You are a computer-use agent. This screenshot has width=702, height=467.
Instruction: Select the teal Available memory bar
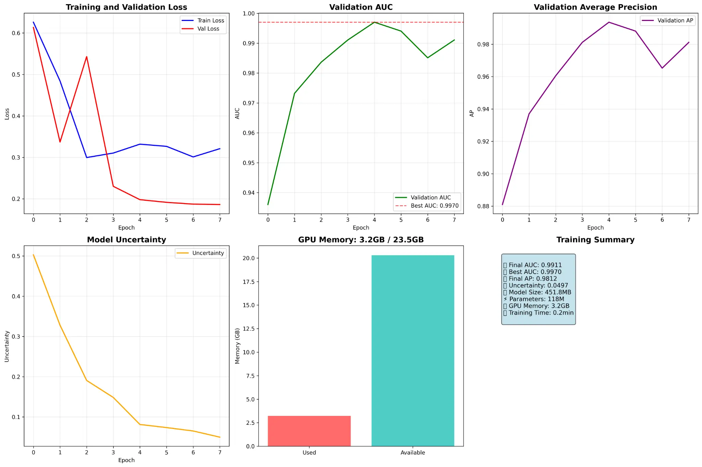[x=413, y=350]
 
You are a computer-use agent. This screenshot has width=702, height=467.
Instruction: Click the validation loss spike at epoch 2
[x=87, y=57]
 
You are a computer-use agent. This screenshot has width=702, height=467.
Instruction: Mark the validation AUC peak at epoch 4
[x=374, y=22]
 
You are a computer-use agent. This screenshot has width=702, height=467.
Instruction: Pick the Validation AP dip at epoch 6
[x=662, y=68]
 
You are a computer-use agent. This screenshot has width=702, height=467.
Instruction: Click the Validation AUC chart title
[x=361, y=7]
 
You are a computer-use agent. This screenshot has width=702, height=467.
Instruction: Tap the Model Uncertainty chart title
[x=126, y=240]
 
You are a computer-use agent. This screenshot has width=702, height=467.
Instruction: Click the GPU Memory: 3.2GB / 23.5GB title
[x=361, y=240]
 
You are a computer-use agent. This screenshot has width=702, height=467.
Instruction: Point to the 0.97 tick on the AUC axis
[x=249, y=103]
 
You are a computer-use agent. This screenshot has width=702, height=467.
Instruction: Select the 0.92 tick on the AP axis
[x=484, y=142]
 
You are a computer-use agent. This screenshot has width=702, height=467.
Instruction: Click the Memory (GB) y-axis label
[x=238, y=346]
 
